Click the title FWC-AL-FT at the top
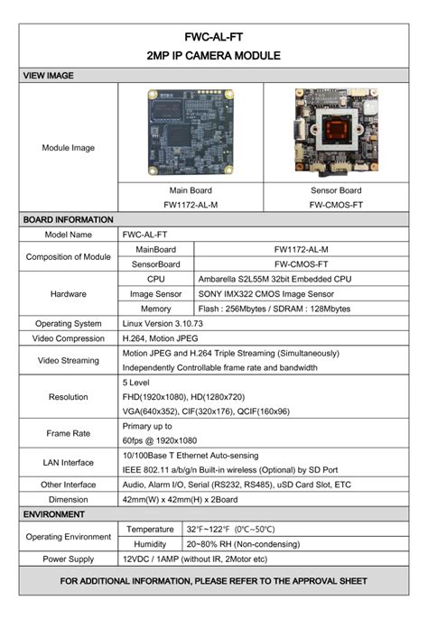point(213,38)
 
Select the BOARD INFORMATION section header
point(68,219)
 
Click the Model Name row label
point(69,235)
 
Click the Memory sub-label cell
point(156,309)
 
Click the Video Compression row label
point(69,337)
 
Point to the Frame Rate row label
point(69,433)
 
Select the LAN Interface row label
point(69,462)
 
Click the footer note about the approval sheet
point(214,580)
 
